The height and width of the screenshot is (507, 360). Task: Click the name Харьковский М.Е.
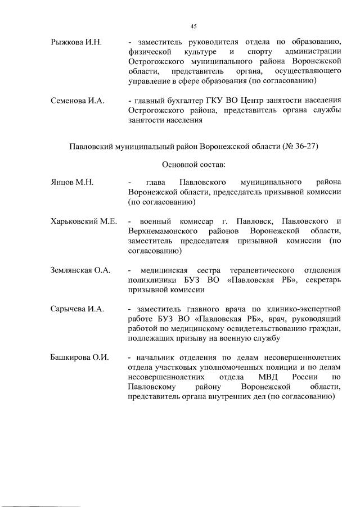pyautogui.click(x=84, y=221)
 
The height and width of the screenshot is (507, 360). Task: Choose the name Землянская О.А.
pyautogui.click(x=80, y=270)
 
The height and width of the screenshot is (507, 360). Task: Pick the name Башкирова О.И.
pyautogui.click(x=79, y=357)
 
